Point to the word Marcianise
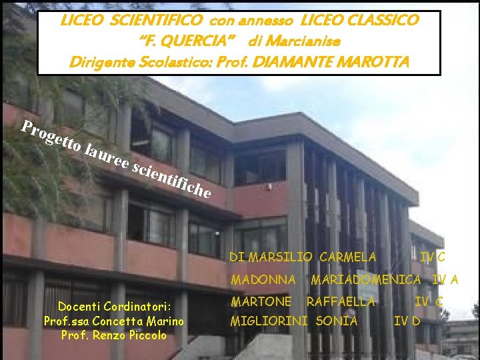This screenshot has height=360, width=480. point(304,41)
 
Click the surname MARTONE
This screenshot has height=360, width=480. point(261,302)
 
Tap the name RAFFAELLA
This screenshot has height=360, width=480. point(341,302)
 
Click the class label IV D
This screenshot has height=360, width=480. point(407,321)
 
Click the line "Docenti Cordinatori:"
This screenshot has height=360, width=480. point(114,307)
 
